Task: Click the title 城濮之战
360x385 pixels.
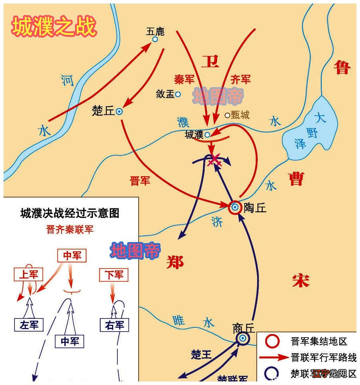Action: (x=54, y=27)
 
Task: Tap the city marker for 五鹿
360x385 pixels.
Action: (x=155, y=39)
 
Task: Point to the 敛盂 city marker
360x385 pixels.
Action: (x=178, y=94)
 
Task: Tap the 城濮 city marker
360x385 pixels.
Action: (x=207, y=134)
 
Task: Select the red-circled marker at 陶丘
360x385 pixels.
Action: (x=235, y=207)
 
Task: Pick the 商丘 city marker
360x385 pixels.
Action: (x=243, y=338)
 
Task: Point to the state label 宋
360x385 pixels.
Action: (x=301, y=280)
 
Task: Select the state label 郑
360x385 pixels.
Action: (x=175, y=263)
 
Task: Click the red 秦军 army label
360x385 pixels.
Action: (x=184, y=80)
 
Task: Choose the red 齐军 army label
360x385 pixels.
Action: (x=240, y=80)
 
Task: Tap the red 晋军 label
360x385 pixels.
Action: (x=140, y=181)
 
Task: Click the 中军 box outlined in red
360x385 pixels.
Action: (x=72, y=255)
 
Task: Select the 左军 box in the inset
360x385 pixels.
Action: (x=29, y=325)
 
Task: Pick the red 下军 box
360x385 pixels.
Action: (x=114, y=275)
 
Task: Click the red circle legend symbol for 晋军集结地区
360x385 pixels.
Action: (x=273, y=341)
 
